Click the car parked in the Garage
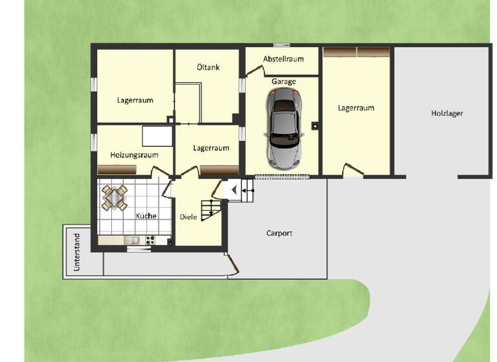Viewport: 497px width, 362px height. [x=283, y=127]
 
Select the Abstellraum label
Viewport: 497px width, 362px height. [x=283, y=59]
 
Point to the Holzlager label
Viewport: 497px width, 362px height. [x=447, y=113]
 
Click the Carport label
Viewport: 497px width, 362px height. [x=280, y=233]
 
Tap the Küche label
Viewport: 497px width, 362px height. [x=146, y=216]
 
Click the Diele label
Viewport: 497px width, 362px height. [x=188, y=217]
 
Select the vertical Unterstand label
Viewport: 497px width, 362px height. [x=77, y=252]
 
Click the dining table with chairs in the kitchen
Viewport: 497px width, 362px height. [x=115, y=197]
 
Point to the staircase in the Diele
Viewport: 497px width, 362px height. [x=211, y=209]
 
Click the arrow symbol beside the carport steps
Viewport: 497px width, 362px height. [x=233, y=190]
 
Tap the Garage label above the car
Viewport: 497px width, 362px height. [x=284, y=81]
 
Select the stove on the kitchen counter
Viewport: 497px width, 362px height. [x=150, y=240]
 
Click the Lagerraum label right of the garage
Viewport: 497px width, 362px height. [x=356, y=108]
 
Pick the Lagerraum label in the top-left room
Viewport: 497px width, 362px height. [x=135, y=100]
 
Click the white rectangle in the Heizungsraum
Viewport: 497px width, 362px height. [x=157, y=136]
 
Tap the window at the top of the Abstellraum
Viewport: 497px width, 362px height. [x=281, y=45]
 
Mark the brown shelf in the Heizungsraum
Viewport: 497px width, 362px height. [x=117, y=169]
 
